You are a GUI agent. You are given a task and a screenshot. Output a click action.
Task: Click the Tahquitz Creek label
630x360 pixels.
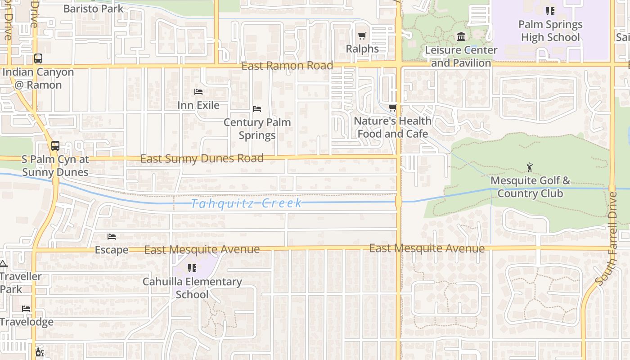[247, 203]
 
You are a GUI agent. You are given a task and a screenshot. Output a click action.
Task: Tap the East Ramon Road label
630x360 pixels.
[287, 66]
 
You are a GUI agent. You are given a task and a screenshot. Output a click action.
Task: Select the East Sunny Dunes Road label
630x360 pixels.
[202, 158]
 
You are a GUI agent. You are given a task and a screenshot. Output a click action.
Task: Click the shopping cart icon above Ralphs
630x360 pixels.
[362, 36]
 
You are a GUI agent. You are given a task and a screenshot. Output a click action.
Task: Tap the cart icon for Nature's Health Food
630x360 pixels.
[393, 108]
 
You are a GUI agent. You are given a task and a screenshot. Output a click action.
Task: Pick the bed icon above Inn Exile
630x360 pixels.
[198, 92]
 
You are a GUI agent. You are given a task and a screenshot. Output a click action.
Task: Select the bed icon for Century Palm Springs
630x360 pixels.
[257, 109]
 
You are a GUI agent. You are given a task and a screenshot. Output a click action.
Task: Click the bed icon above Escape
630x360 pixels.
[112, 237]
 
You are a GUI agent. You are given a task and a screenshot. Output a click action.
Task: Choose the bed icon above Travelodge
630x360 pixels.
[27, 309]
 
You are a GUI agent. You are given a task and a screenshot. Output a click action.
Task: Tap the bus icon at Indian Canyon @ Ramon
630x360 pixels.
[38, 58]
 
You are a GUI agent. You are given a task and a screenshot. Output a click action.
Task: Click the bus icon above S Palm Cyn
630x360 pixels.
[55, 146]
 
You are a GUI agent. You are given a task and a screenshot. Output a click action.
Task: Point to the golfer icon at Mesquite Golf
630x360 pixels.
[530, 168]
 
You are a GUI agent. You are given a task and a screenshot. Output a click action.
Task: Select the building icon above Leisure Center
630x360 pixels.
[461, 36]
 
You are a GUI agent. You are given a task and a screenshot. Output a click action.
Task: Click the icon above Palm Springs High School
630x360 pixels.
[550, 11]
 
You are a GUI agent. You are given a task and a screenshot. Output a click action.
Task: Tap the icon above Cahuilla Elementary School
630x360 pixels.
[192, 268]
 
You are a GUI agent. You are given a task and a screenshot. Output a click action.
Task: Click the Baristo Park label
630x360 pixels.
[93, 9]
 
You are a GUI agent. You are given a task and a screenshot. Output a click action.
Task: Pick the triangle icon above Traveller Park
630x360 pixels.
[3, 264]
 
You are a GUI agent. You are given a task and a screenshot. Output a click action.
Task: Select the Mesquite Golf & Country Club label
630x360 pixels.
[530, 187]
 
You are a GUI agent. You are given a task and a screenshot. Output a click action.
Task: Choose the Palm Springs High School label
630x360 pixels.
[550, 31]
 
